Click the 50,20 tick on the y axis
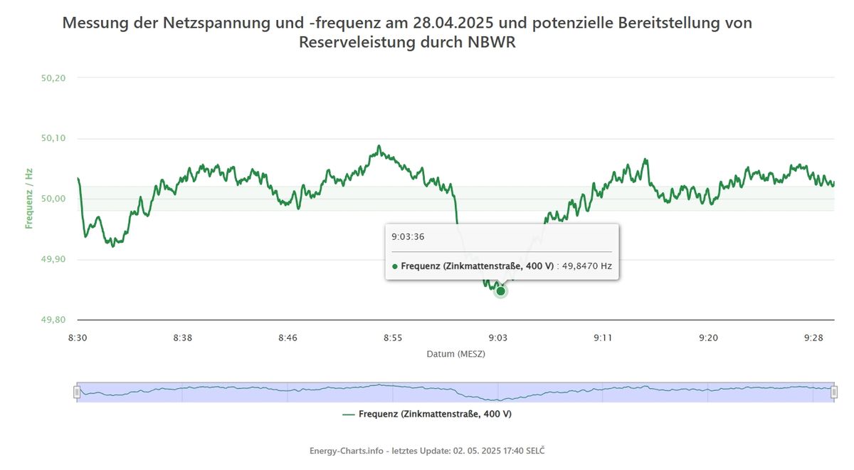(x=54, y=78)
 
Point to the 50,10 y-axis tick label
(x=54, y=138)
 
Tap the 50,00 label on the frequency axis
(x=54, y=199)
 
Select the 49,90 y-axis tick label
(x=54, y=259)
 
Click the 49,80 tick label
(x=54, y=320)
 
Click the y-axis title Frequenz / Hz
(x=29, y=199)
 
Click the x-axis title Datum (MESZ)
(x=455, y=353)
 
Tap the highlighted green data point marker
(x=500, y=291)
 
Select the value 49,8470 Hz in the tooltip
(x=586, y=266)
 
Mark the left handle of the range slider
(x=77, y=392)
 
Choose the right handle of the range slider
(x=834, y=392)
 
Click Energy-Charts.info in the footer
(x=347, y=451)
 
